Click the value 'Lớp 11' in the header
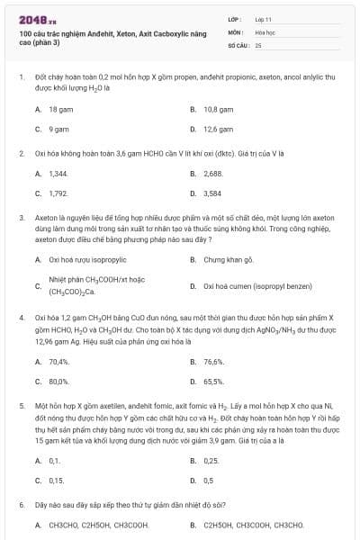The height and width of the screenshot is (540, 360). [x=263, y=18]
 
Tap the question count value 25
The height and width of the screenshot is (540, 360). [x=258, y=43]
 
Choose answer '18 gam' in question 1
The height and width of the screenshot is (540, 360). [x=60, y=108]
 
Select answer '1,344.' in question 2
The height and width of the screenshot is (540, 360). [x=58, y=172]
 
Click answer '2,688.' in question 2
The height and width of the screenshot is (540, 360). [x=213, y=172]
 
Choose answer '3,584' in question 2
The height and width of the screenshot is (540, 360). [x=212, y=193]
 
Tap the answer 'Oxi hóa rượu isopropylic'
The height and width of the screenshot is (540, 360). [x=87, y=259]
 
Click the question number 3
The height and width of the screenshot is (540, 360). [x=21, y=217]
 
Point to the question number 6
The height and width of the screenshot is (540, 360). [x=21, y=505]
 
